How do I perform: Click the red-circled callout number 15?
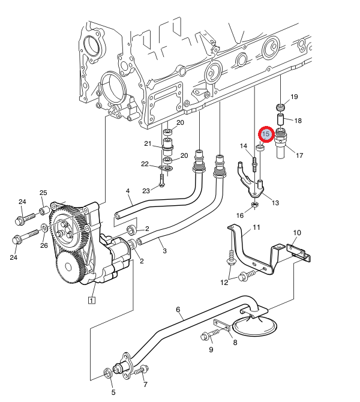(266, 134)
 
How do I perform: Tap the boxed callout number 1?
(92, 300)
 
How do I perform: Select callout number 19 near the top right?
(294, 97)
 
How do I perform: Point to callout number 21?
(148, 143)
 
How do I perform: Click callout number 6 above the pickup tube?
(178, 310)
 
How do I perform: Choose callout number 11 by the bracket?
(256, 227)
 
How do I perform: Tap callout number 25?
(43, 193)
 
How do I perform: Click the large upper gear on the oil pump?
(69, 224)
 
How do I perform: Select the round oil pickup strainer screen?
(254, 326)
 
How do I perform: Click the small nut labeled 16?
(254, 205)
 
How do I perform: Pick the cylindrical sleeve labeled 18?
(280, 119)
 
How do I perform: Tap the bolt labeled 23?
(161, 181)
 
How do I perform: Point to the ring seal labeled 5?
(107, 373)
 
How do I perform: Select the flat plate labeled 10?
(298, 252)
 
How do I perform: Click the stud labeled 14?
(254, 164)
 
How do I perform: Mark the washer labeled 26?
(44, 227)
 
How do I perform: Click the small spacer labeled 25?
(44, 211)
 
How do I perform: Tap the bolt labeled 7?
(141, 370)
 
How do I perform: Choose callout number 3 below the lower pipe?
(164, 251)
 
